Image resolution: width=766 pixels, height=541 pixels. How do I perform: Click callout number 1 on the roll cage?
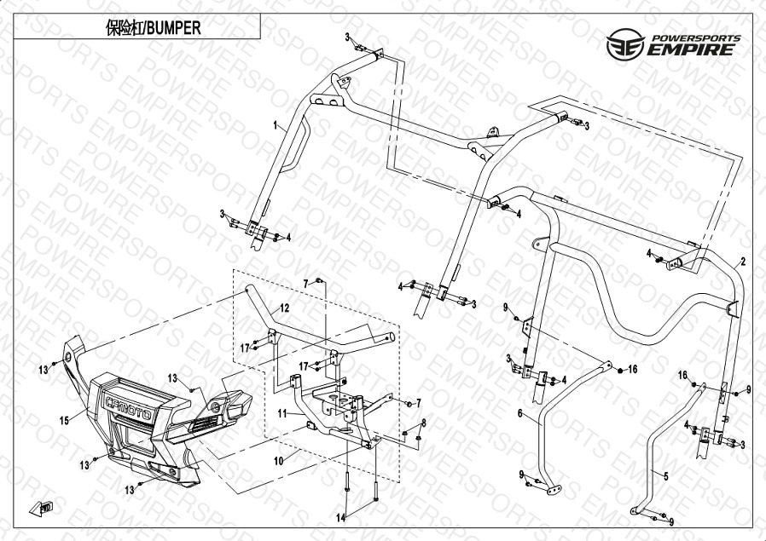click(276, 126)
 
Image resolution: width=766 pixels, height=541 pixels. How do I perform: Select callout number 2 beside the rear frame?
click(743, 262)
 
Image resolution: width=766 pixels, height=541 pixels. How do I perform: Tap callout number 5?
click(665, 476)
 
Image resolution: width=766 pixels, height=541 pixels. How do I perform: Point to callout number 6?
click(520, 414)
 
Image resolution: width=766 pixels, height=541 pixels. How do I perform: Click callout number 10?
click(278, 461)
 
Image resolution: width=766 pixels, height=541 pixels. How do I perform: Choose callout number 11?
click(282, 414)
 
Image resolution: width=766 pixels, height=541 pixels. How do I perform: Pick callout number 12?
click(284, 308)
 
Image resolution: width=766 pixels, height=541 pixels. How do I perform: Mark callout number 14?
click(340, 518)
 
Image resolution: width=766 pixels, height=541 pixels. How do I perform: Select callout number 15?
click(65, 420)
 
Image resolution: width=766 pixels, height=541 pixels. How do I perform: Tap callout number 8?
click(424, 423)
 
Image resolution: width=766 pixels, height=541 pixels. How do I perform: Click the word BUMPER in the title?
click(174, 28)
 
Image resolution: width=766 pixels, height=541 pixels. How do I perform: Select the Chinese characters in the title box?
click(124, 28)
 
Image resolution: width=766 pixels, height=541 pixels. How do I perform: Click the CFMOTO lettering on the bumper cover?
click(130, 408)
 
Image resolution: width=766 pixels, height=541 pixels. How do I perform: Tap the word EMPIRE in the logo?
click(690, 49)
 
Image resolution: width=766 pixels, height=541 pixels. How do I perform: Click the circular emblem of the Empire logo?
click(626, 44)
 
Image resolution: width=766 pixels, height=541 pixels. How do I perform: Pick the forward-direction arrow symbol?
click(41, 508)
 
